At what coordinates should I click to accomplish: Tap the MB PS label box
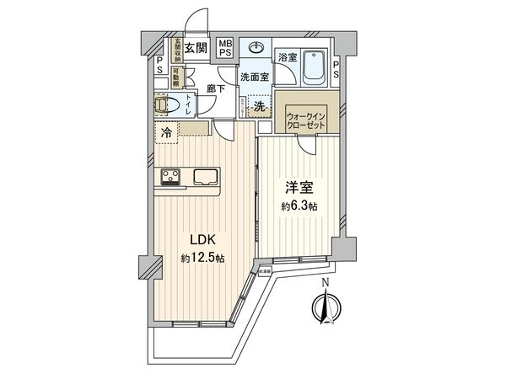(x=226, y=47)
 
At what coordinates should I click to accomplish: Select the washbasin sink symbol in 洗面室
(x=256, y=47)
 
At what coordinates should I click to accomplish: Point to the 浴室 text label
(x=288, y=57)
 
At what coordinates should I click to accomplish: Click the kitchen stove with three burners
(x=170, y=176)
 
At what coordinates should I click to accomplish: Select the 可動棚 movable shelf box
(x=177, y=77)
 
